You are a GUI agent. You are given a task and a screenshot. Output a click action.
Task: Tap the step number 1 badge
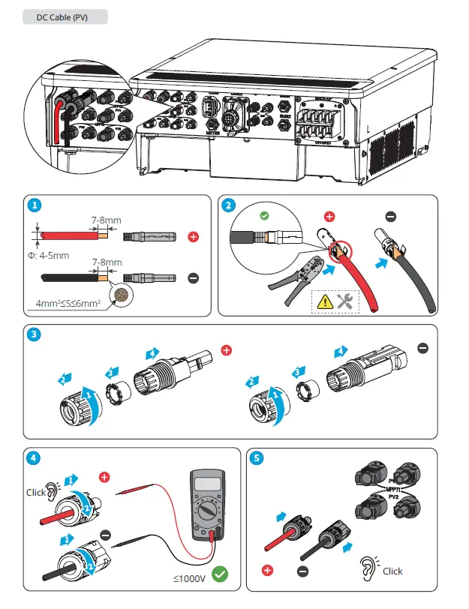click(x=33, y=204)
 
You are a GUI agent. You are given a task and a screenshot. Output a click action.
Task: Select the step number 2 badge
click(x=227, y=204)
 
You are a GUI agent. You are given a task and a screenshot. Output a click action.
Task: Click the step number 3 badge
click(x=33, y=334)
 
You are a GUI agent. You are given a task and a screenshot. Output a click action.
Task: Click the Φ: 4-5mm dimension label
click(x=50, y=255)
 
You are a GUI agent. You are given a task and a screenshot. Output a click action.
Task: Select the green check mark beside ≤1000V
click(x=220, y=575)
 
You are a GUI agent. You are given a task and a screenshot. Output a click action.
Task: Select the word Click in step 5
click(x=392, y=571)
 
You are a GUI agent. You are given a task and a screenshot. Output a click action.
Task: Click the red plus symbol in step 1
click(x=193, y=236)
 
